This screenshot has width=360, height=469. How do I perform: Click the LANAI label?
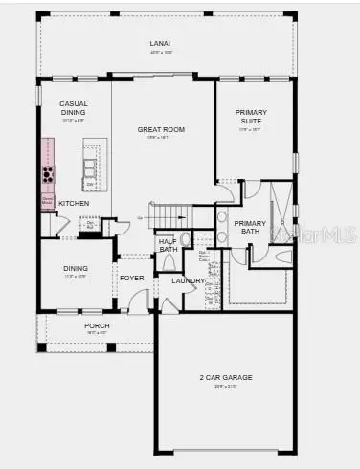coord(160,44)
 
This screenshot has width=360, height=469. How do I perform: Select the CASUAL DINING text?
coord(74,108)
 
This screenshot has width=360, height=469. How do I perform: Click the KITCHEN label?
coord(74,204)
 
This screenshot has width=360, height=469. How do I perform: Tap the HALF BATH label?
coord(168,245)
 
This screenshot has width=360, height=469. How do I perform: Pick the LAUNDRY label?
coord(189,280)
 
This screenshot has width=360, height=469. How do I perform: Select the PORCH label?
coord(96,326)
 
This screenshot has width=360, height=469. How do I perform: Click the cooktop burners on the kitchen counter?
coord(46,174)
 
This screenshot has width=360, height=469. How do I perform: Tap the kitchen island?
coord(91,167)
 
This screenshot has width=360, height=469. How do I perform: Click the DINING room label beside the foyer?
coord(75,269)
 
